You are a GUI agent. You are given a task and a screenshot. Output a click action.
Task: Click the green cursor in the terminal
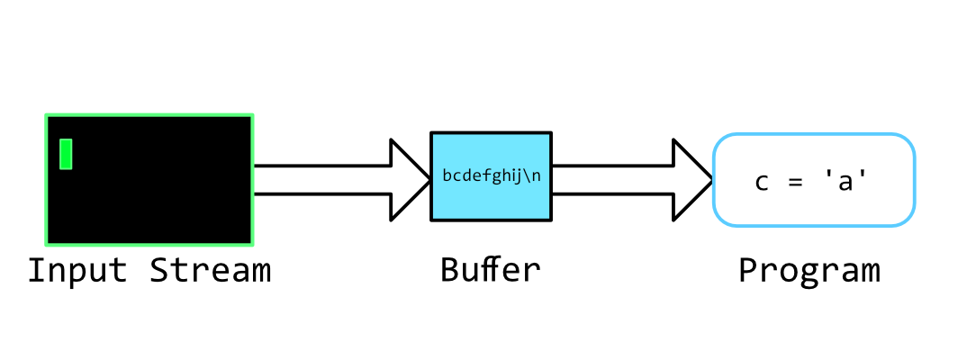point(66,154)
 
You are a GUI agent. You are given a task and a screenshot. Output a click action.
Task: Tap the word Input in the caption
point(77,270)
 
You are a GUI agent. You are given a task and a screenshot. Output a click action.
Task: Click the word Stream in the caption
point(211,270)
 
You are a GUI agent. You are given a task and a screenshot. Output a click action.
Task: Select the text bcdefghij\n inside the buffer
point(491,175)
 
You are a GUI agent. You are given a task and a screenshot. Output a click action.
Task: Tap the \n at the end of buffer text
point(532,175)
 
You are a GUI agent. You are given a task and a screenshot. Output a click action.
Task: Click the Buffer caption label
point(491,270)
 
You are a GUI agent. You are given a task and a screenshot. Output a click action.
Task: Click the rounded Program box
point(814,202)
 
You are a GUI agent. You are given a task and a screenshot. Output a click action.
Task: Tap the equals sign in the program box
point(793,182)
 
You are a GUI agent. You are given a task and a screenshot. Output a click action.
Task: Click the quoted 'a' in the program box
point(845,181)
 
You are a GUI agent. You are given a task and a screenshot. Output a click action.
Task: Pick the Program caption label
point(809,271)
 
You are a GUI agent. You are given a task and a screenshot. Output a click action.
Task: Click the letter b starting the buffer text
point(447,175)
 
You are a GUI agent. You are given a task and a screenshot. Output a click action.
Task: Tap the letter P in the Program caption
point(748,270)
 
